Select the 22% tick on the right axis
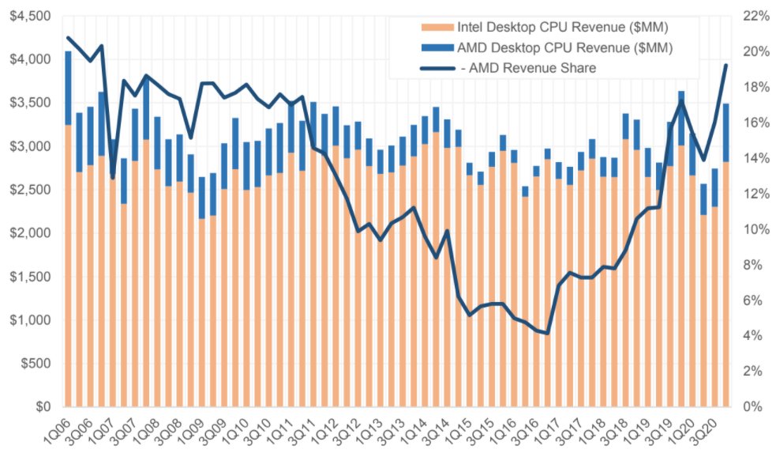(754, 16)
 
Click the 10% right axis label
(754, 229)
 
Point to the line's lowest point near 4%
(547, 333)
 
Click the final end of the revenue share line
(726, 65)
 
